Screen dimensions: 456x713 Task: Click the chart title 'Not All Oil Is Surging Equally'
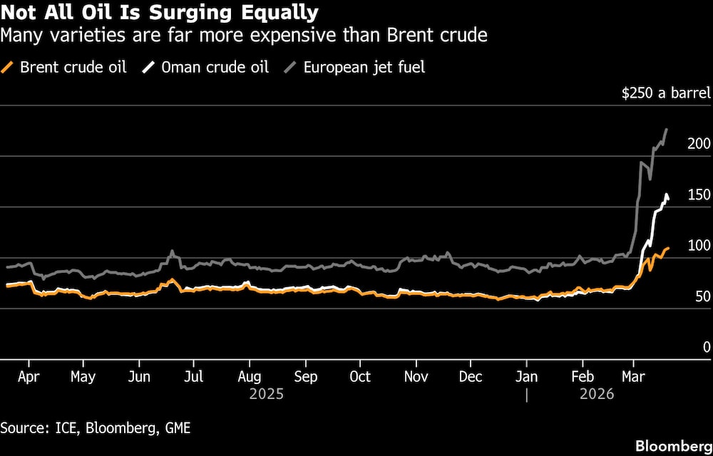pos(160,14)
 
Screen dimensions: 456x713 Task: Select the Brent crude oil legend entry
pos(66,68)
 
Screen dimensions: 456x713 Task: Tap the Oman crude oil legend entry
pos(206,68)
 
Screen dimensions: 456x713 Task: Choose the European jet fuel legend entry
pos(356,68)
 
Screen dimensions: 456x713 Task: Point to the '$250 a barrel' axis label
pos(666,93)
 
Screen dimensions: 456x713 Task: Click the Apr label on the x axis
pos(28,377)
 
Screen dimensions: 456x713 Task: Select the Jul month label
pos(193,377)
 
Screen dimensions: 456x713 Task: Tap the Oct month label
pos(360,377)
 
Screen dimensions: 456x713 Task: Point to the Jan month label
pos(526,377)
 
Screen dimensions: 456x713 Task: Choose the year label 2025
pos(266,394)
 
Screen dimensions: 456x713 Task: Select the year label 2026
pos(597,394)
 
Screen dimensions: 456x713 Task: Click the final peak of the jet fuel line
pos(666,130)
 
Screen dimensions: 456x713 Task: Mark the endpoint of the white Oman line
pos(668,199)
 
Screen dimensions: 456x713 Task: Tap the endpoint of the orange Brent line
pos(668,248)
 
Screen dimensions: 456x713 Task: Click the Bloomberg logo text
pos(674,445)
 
